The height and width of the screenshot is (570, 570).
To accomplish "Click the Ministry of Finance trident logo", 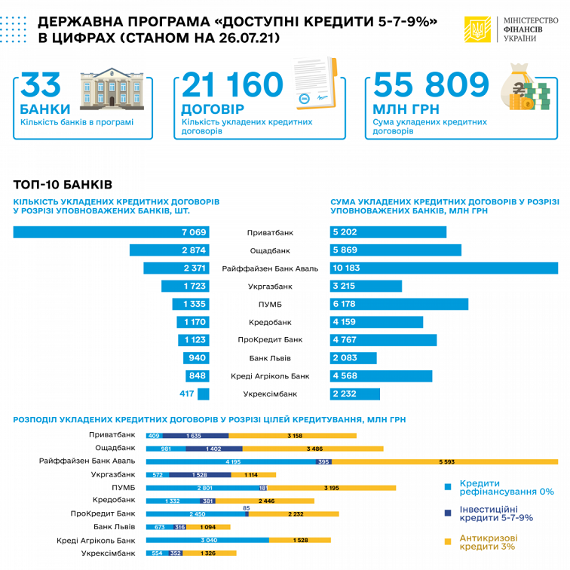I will [477, 29].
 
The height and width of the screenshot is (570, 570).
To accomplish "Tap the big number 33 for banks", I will [39, 86].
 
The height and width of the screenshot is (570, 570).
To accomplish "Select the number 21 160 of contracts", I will [232, 86].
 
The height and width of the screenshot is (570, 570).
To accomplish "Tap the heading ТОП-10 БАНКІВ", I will [63, 184].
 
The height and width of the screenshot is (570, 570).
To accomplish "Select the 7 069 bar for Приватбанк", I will [111, 232].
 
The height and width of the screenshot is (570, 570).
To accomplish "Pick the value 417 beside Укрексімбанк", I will [187, 394].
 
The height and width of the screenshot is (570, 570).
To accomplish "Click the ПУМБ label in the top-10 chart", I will [270, 304].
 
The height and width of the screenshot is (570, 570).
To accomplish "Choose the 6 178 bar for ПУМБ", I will [399, 304].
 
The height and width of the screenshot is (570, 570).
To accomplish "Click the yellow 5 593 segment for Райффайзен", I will [445, 461].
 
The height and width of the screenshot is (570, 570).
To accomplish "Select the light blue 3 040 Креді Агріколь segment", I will [207, 540].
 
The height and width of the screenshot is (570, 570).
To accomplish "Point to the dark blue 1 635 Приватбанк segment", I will [196, 435].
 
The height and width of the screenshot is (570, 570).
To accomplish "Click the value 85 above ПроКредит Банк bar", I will [247, 508].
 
